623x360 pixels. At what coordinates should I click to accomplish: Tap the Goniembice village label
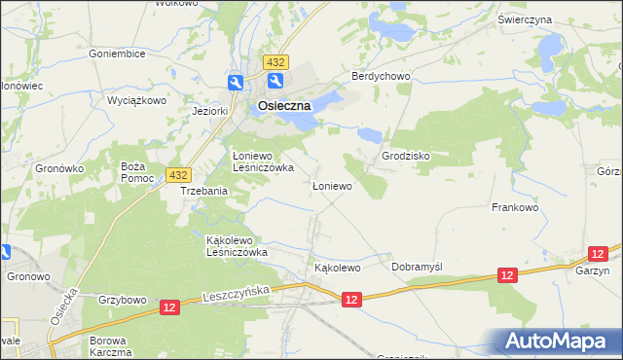(x=117, y=54)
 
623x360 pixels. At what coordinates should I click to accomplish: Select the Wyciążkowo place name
(x=137, y=100)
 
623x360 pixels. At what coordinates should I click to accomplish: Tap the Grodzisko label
(x=407, y=155)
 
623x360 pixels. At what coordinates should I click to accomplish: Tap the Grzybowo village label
(x=122, y=300)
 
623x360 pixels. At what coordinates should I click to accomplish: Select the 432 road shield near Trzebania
(x=176, y=174)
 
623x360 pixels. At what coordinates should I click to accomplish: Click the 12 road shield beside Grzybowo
(x=169, y=306)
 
